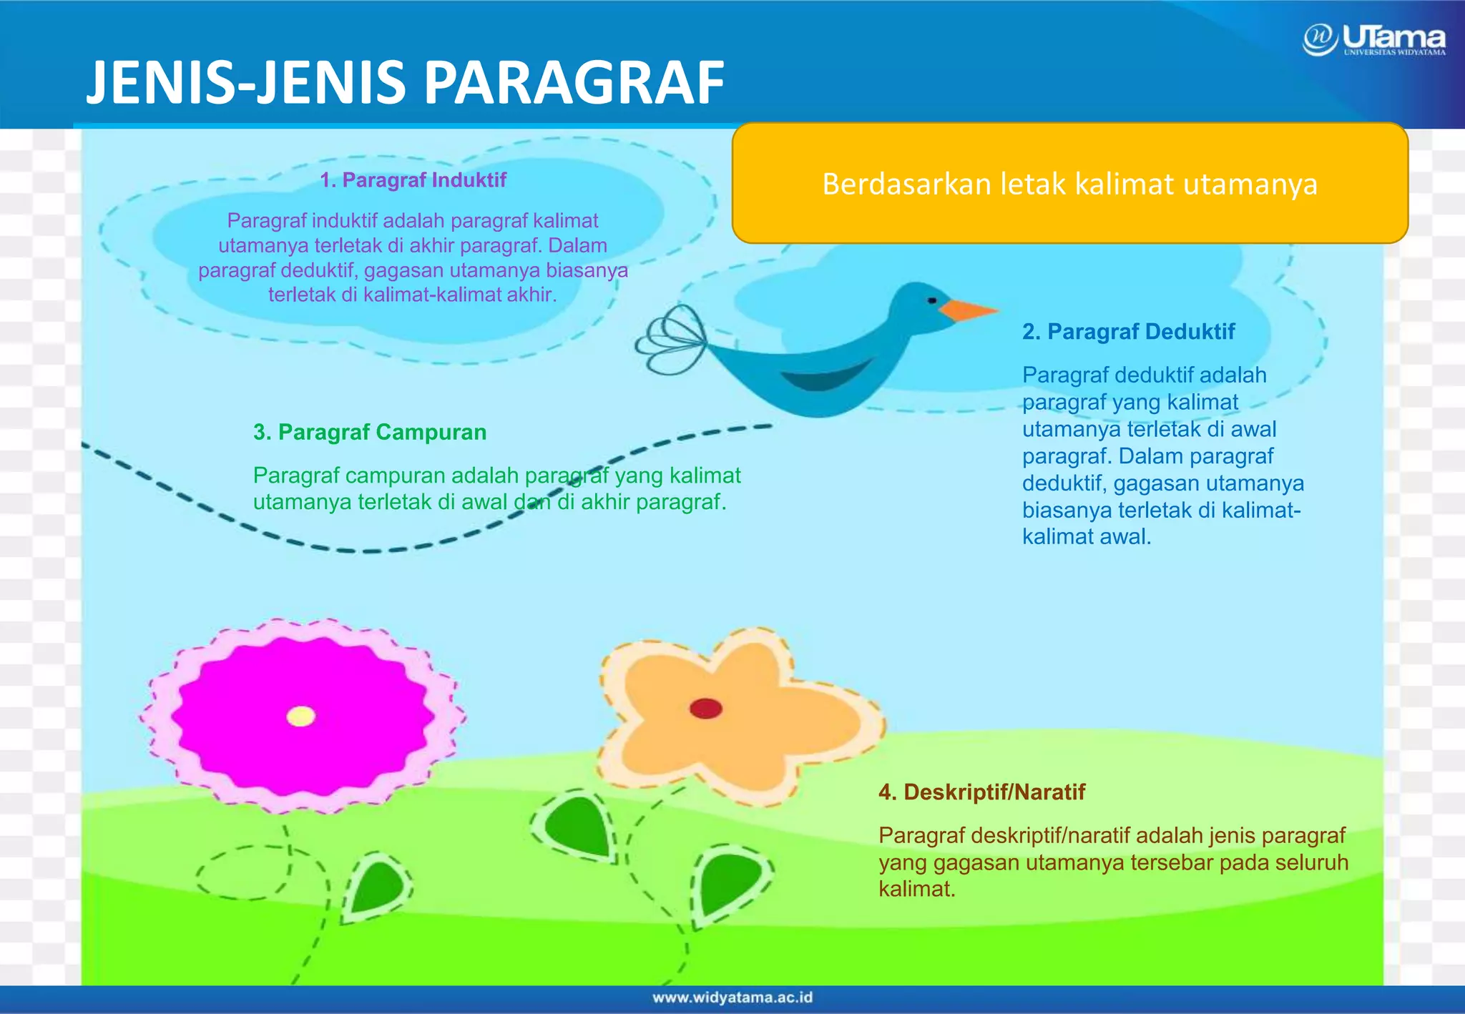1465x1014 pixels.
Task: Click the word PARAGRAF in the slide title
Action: [574, 83]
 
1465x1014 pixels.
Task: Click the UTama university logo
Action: [1374, 40]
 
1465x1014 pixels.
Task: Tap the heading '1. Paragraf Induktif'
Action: [413, 180]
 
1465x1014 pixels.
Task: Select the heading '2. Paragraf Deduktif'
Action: [1128, 332]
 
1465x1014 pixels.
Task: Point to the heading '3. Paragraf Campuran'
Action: [370, 433]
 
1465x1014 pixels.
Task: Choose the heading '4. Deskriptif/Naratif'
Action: [981, 792]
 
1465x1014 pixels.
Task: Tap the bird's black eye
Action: [931, 300]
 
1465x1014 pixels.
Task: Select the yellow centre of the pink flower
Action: [300, 716]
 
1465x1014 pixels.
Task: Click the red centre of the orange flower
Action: [705, 709]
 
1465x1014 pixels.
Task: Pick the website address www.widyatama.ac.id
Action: [732, 998]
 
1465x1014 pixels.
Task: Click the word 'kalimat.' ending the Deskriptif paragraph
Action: [917, 890]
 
